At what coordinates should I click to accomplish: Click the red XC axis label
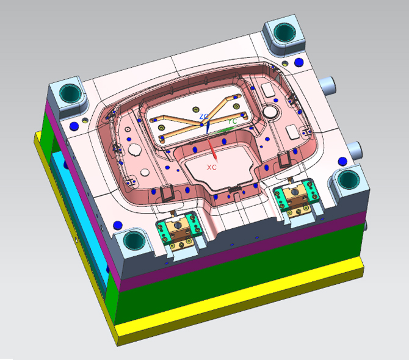211,167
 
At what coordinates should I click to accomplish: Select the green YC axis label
233,121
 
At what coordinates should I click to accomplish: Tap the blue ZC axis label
203,116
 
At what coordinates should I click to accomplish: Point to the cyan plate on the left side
67,195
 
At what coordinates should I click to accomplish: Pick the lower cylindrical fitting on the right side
355,148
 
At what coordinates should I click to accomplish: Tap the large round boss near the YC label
269,112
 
